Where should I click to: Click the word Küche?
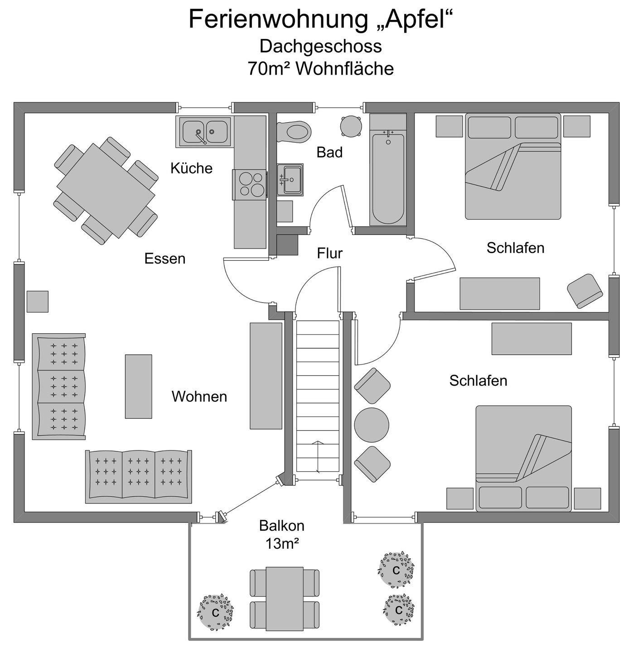click(x=191, y=168)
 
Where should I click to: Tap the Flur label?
click(x=329, y=254)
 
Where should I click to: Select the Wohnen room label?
click(x=199, y=397)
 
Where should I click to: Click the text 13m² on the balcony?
click(x=282, y=543)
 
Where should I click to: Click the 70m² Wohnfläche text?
click(x=320, y=69)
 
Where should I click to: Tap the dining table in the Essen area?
click(x=106, y=190)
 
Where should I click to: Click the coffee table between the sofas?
click(x=138, y=386)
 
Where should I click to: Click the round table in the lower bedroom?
click(x=372, y=425)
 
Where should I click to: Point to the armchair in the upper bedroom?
click(x=585, y=290)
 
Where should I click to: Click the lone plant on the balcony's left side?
click(x=216, y=613)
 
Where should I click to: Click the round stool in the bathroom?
click(x=351, y=125)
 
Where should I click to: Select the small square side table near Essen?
click(x=38, y=302)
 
